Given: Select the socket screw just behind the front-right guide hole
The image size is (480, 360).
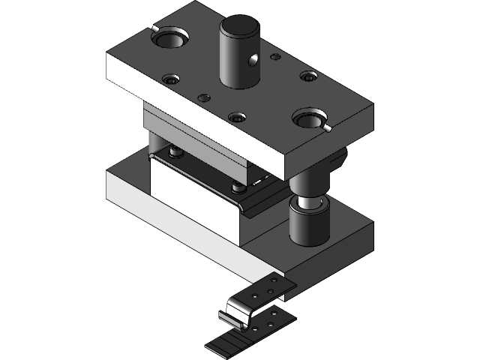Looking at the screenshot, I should pos(307,76).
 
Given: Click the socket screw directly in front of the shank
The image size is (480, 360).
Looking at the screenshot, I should pos(237,117).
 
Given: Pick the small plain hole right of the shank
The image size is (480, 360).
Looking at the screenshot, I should pos(275,56).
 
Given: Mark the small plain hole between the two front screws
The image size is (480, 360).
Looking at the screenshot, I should pos(203,97).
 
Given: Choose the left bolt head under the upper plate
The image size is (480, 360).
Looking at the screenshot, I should pos(175,152).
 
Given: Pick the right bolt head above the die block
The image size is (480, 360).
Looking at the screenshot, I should pos(238,185).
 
